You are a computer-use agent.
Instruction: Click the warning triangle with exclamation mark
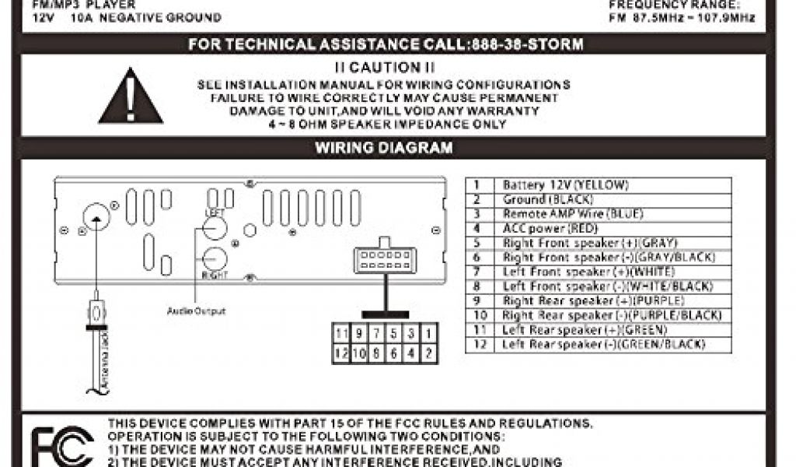tap(131, 98)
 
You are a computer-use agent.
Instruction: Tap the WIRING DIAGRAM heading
tap(383, 148)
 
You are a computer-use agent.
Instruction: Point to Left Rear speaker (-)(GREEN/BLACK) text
tap(604, 345)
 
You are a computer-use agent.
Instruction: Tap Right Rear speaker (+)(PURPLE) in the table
tap(593, 301)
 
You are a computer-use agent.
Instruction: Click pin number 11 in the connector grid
tap(340, 334)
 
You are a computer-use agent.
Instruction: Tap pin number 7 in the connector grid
tap(375, 334)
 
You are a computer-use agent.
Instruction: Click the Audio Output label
tap(196, 311)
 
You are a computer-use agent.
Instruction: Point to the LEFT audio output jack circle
tap(214, 228)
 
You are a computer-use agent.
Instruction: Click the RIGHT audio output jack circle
tap(214, 258)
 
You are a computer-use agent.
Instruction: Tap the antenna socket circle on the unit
tap(96, 216)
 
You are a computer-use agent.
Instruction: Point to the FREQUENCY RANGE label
tap(681, 5)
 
